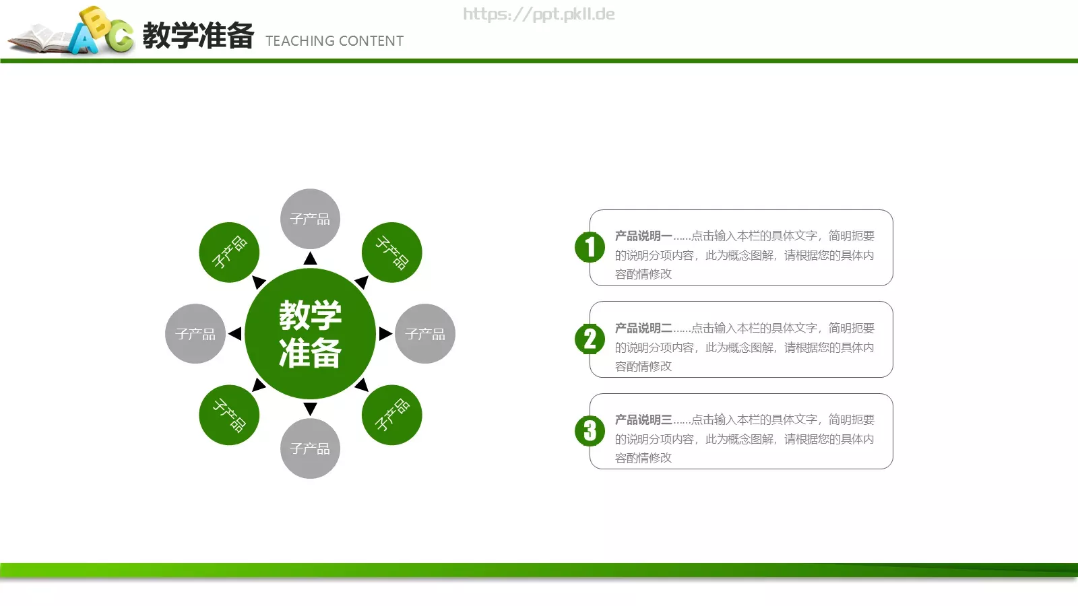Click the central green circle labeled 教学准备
[x=310, y=333]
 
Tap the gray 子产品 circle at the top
[x=310, y=219]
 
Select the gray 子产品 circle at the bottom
[x=310, y=448]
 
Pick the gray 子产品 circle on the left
[x=195, y=333]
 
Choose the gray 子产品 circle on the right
[x=424, y=333]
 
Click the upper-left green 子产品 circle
[x=229, y=252]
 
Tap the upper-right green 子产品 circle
[x=391, y=252]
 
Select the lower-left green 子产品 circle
[x=229, y=415]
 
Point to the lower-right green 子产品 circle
[x=391, y=415]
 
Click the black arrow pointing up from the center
[x=310, y=259]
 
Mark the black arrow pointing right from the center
[x=385, y=333]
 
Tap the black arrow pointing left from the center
[x=234, y=333]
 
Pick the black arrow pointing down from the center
[x=310, y=409]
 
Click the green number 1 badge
[x=590, y=247]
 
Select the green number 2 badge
[x=590, y=339]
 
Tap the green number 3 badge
[x=590, y=431]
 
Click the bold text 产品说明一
[x=643, y=236]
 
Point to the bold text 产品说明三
[x=643, y=419]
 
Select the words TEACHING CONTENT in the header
[x=334, y=41]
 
